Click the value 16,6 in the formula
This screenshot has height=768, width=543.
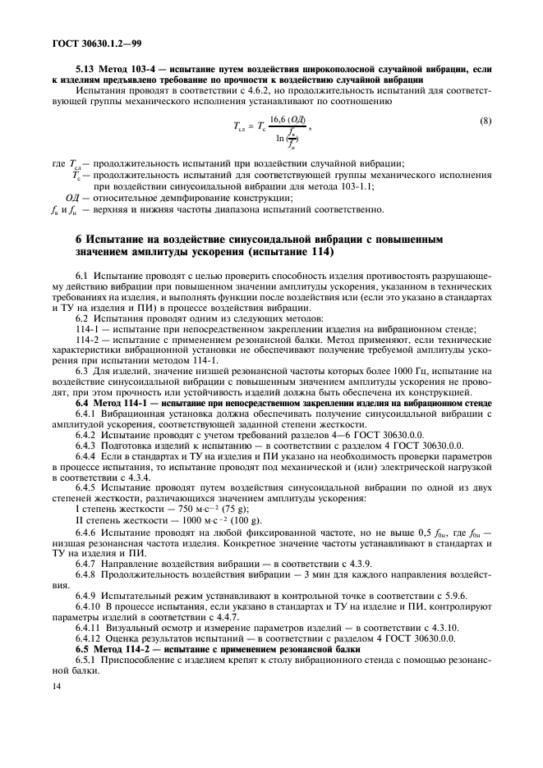pyautogui.click(x=280, y=120)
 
